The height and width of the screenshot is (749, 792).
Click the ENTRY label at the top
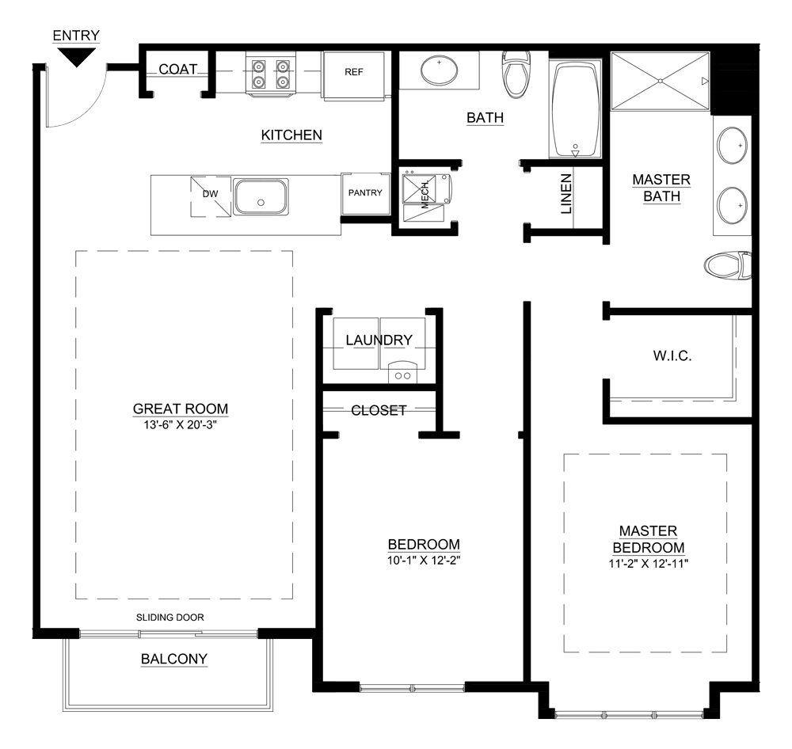coord(76,36)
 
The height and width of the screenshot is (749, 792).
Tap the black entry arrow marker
coord(76,56)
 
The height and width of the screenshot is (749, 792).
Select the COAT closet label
coord(177,70)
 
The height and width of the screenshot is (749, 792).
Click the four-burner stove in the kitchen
coord(270,73)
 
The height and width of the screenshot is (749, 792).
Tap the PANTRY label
coord(365,192)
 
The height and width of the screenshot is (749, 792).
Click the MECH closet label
coord(425,192)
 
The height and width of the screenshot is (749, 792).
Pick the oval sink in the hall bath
coord(438,71)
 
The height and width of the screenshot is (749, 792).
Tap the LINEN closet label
coord(566,195)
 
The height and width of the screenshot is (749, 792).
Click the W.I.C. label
coord(672,356)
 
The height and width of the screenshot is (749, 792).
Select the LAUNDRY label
coord(379,340)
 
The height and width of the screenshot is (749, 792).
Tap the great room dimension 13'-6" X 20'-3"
coord(181,424)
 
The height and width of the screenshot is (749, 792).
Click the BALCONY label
coord(173,658)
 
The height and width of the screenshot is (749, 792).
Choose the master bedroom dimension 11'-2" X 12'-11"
coord(648,564)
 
